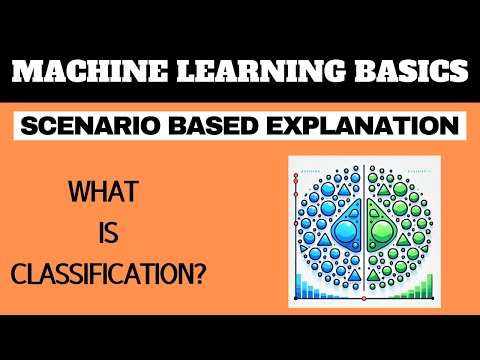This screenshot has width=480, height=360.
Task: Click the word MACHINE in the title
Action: (x=81, y=73)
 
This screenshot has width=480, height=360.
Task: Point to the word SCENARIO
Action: (x=93, y=127)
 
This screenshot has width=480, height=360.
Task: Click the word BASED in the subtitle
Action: (x=215, y=127)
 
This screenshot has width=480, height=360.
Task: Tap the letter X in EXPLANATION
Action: (x=302, y=127)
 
